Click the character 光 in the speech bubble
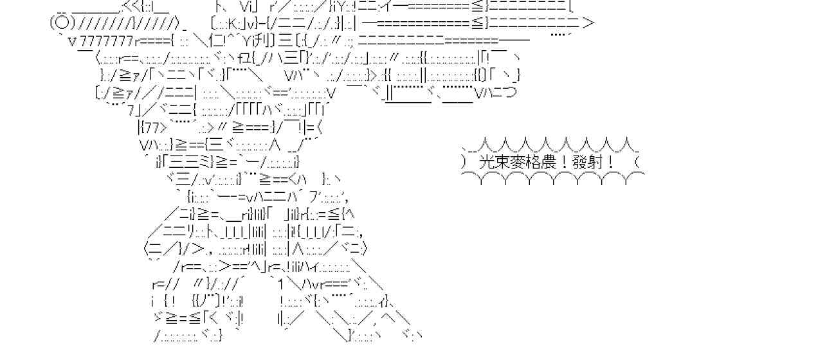[487, 162]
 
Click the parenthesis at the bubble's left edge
[466, 162]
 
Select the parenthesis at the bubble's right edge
[637, 162]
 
